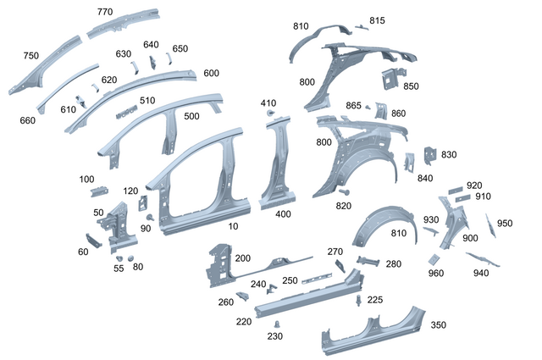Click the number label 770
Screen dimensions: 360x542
coord(104,12)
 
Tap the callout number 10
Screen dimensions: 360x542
coord(232,227)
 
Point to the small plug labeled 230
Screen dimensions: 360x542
coord(277,324)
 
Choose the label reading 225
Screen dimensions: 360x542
coord(374,299)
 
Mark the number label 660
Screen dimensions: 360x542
coord(28,120)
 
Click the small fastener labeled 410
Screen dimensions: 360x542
coord(270,113)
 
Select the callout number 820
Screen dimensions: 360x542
coord(343,206)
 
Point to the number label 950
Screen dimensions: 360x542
coord(505,224)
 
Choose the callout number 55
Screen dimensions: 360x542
coord(119,268)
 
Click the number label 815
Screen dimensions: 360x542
coord(377,20)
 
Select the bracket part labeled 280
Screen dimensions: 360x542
coord(371,261)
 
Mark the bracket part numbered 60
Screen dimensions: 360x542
coord(92,241)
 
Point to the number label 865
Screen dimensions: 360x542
coord(353,105)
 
